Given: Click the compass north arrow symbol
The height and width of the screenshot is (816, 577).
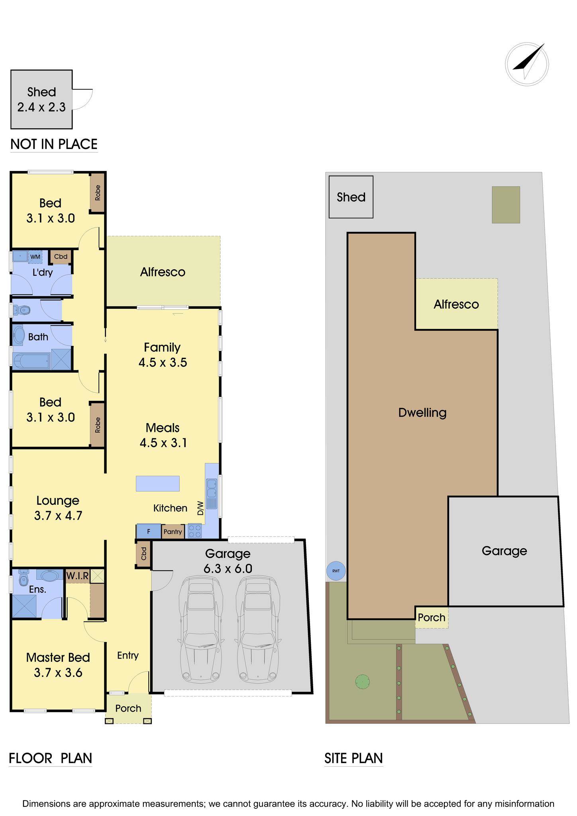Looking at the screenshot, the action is pos(527,64).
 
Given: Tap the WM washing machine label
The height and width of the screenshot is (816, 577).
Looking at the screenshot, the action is pos(35,257).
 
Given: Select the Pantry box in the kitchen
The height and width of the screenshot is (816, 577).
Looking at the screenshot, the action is pos(173,532).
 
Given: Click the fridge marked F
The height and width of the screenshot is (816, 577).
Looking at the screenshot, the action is pos(149,531).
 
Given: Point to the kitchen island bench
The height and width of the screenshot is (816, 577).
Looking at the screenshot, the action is pos(157,484).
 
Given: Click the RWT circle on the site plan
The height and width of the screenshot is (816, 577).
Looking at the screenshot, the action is pos(336,571).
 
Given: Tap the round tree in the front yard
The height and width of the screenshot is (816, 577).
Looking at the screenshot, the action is pos(362,681).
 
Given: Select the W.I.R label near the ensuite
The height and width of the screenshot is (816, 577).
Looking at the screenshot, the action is pos(78,576).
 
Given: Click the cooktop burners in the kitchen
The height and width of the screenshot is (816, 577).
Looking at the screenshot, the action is pos(195,531).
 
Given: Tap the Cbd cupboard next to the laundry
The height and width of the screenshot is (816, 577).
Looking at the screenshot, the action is pos(61,257).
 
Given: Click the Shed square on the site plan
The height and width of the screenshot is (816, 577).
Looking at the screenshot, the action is pos(351,197).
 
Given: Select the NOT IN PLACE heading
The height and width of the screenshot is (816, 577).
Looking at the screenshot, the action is pos(54,144).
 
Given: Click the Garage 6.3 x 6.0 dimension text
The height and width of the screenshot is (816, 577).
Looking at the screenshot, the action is pos(228,561).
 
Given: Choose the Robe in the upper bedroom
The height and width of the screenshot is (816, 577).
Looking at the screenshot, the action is pos(97,193).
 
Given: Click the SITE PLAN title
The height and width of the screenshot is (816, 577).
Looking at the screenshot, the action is pos(353,758).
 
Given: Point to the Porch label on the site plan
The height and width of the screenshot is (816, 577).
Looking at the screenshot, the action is pos(432,618).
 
